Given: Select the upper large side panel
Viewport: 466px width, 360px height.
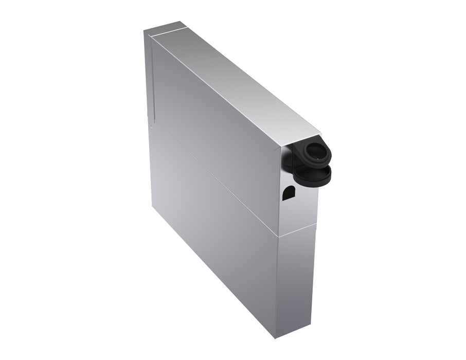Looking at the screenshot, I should pyautogui.click(x=216, y=129).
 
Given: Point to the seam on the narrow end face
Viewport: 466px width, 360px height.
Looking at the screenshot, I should pyautogui.click(x=298, y=230).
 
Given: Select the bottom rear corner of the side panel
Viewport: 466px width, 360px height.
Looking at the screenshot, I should pyautogui.click(x=153, y=206).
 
